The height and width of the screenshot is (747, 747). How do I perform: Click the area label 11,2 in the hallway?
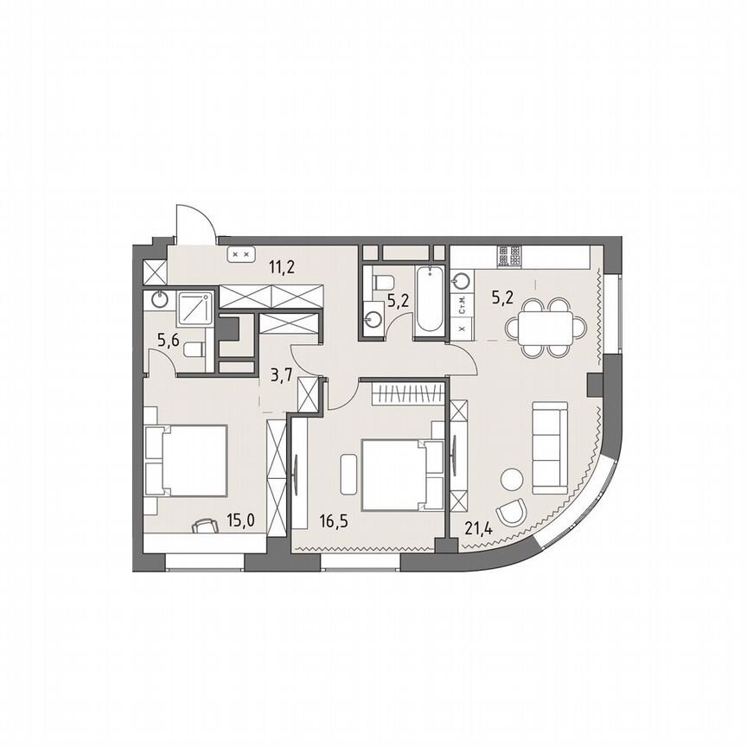[x=281, y=266]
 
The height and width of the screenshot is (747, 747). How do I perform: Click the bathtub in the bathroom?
[x=429, y=303]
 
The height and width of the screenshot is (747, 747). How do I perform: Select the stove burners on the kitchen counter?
[x=508, y=256]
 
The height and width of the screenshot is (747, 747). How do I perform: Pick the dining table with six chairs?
[x=546, y=328]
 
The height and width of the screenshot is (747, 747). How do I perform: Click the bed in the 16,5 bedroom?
[x=393, y=474]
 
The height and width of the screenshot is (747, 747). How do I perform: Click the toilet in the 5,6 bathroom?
[x=195, y=349]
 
